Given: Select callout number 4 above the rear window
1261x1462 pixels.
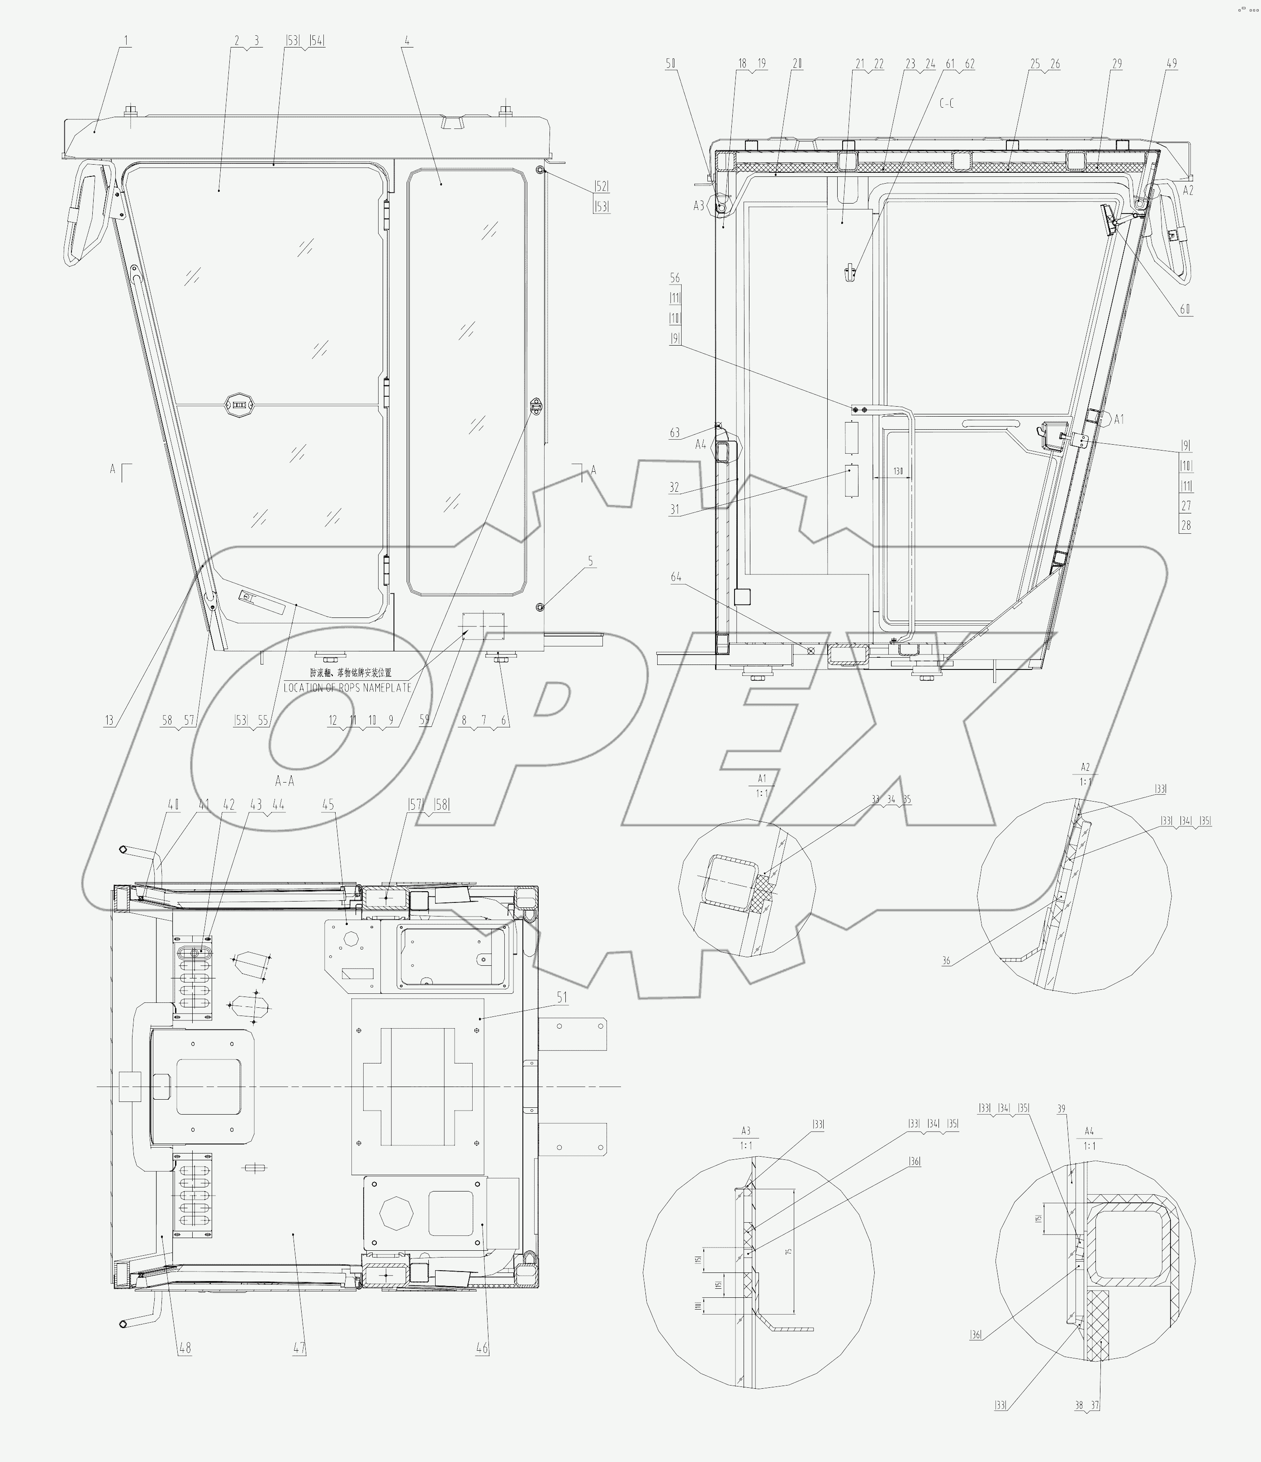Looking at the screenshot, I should (407, 41).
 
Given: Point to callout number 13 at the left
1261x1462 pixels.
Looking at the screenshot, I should (109, 721).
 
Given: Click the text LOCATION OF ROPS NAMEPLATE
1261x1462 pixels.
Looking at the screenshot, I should (347, 687).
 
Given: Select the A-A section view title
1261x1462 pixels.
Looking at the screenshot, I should (284, 781).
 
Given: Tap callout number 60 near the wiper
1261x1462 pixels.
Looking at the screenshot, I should (1185, 309).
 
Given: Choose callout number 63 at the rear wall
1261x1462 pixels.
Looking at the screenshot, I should (675, 432).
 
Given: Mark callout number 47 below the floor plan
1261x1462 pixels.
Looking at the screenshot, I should (299, 1348).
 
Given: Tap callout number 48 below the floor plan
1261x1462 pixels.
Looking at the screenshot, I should (185, 1348).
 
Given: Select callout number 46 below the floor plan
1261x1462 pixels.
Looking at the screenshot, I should (482, 1348).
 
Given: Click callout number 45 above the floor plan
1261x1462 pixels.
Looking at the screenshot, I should (328, 804).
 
